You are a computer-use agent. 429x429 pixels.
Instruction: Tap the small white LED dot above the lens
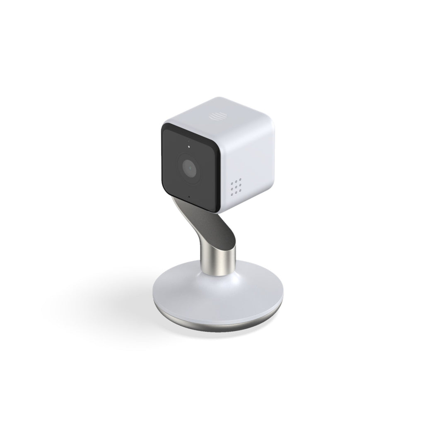click(189, 146)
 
